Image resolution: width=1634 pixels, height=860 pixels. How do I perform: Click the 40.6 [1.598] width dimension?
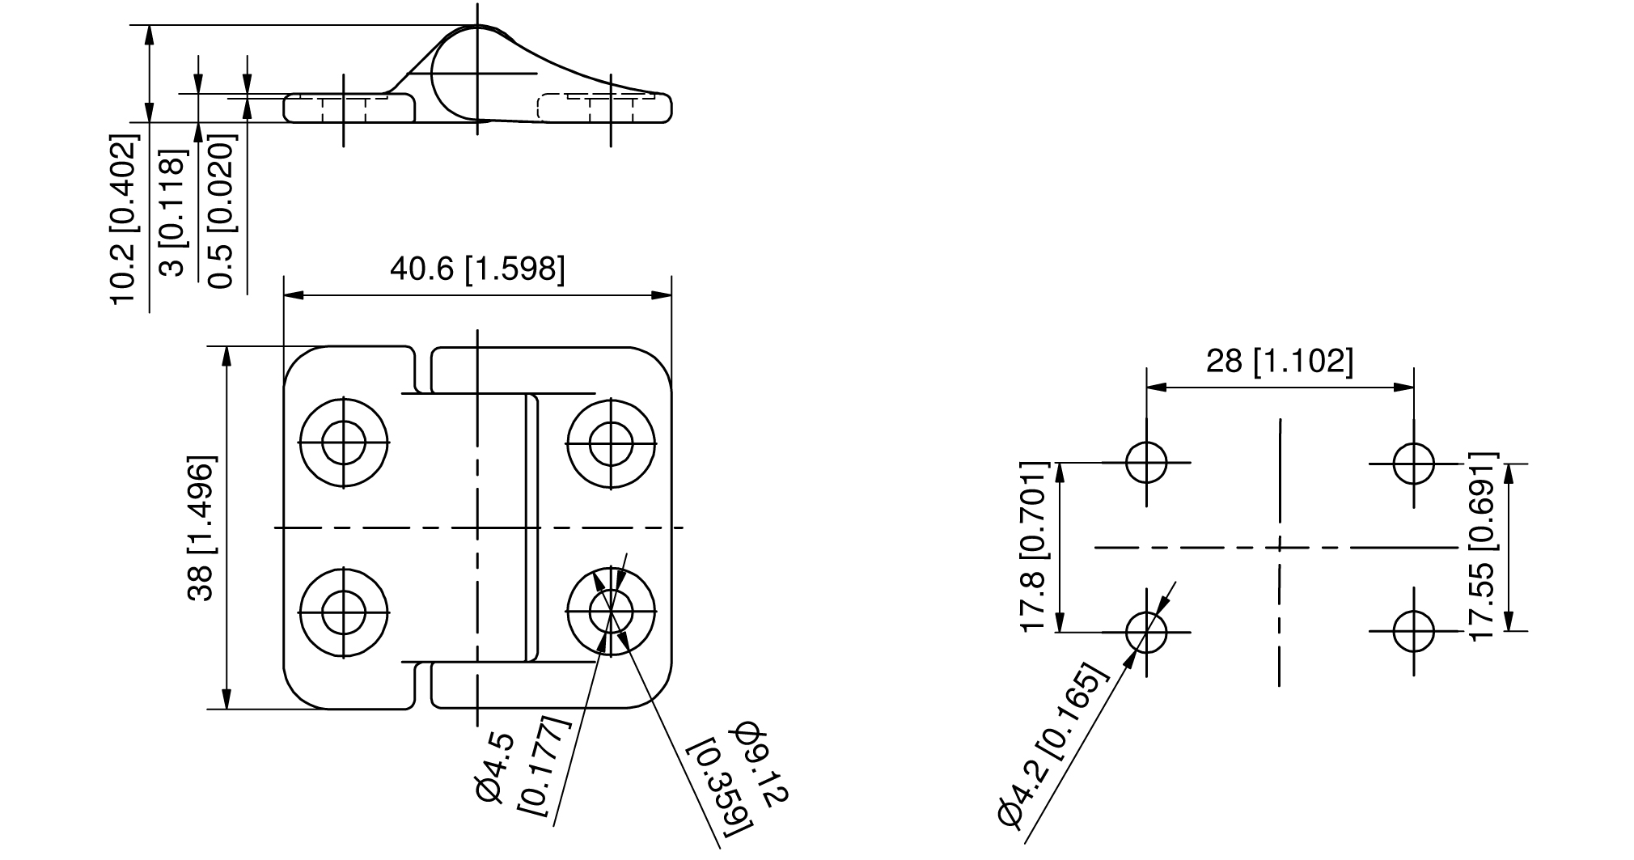[x=477, y=269]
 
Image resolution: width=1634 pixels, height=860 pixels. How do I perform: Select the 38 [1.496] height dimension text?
[x=201, y=528]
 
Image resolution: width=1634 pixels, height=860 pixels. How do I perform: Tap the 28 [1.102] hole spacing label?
[x=1279, y=361]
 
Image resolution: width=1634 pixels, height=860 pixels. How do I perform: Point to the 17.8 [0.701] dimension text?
[x=1035, y=547]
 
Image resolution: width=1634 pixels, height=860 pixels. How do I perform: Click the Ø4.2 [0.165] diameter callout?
[x=1052, y=743]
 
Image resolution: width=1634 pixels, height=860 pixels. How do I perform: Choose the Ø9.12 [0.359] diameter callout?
[x=737, y=776]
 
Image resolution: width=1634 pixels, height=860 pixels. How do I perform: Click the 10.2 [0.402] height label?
[x=125, y=221]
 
